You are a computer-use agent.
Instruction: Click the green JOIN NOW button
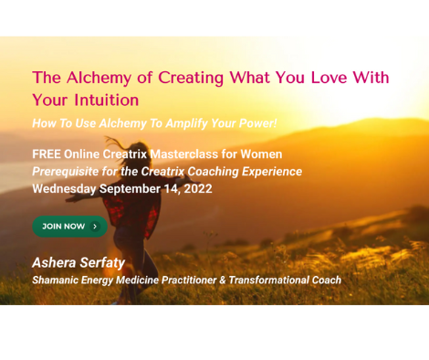(69, 226)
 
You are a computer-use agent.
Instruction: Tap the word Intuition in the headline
(104, 100)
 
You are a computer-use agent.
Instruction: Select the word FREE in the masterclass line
(47, 154)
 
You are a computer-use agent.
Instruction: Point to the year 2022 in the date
(197, 189)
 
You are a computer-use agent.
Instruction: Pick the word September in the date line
(133, 189)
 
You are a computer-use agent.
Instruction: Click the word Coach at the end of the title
(325, 280)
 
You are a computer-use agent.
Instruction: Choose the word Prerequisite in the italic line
(66, 172)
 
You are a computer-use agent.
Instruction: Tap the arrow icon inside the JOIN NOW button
(95, 226)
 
